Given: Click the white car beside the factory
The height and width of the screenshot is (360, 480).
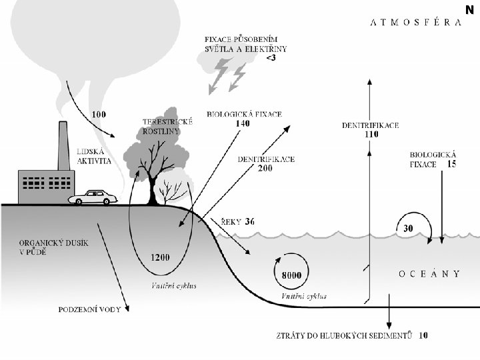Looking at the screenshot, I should coord(95,197).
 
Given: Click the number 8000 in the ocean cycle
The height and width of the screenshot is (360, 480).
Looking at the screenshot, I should coord(292,275).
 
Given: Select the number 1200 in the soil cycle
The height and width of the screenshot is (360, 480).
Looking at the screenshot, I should coord(161,257).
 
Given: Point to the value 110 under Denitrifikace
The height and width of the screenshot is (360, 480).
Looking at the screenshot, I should coord(371,134).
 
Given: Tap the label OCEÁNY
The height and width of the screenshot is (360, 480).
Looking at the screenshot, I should coord(429,273).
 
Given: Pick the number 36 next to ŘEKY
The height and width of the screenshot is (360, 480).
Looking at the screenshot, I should coord(250,221).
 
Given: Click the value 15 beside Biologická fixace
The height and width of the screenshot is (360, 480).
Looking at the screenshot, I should coord(451,164).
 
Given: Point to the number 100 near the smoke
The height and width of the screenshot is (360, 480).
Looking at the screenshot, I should coord(98,114).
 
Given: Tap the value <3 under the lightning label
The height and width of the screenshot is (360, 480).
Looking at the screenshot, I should coord(271,59).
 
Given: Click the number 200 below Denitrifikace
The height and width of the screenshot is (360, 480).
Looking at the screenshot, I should coord(265,169).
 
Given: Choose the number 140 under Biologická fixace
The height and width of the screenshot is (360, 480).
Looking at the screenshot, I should coord(243,123).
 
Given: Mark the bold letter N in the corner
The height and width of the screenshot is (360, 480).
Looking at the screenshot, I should coord(470,9).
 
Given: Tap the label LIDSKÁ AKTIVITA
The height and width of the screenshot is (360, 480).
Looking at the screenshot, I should coord(94,157).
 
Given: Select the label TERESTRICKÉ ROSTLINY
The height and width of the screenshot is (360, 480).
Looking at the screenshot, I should coord(168,127).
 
